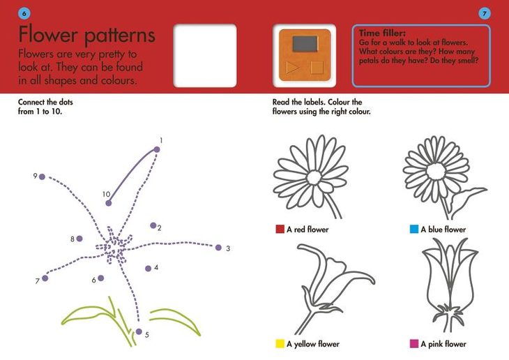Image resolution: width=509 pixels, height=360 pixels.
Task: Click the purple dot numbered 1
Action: coord(157,149)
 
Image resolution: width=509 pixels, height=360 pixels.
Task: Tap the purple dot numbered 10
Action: coord(108,203)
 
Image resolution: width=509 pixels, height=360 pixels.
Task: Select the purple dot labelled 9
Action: coord(42,177)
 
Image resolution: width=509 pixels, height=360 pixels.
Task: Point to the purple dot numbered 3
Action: coord(218,248)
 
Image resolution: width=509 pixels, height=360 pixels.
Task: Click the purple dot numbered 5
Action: coord(139,331)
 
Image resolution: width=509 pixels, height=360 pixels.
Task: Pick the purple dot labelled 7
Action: coord(45,278)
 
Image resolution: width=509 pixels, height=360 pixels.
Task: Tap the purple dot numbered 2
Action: coord(153,225)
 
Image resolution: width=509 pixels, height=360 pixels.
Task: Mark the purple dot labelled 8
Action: coord(79,239)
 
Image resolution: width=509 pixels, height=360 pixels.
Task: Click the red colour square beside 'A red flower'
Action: coord(280,229)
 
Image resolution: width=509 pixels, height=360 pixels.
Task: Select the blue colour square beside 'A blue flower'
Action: coord(414,229)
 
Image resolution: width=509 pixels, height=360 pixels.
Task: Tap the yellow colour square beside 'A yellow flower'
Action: coord(280,344)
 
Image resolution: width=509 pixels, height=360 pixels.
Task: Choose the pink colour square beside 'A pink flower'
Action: coord(414,344)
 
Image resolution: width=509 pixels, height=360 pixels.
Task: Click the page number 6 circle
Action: coord(24,14)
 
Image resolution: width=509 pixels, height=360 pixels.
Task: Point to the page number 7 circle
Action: coord(485,14)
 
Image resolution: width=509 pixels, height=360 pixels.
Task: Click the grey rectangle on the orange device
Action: coord(305,43)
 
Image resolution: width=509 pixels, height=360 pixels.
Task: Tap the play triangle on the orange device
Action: coord(292,68)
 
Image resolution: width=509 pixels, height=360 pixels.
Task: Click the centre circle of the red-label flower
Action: coord(314,178)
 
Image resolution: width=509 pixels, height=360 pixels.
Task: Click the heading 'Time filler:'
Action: coord(382,33)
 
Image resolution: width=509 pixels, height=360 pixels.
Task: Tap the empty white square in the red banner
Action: coord(205,56)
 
